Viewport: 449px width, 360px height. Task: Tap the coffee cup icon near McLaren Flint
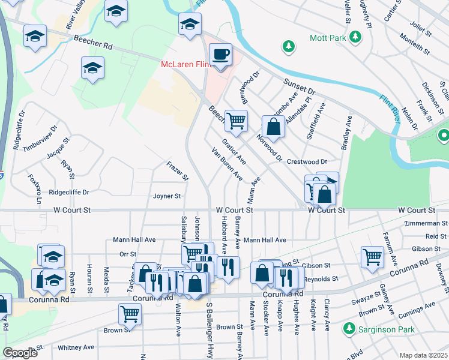[220, 55]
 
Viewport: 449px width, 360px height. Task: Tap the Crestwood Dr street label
[306, 162]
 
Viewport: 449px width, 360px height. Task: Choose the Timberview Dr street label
[40, 139]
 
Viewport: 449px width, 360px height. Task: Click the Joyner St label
[167, 196]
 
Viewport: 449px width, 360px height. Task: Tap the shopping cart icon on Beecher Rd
[236, 121]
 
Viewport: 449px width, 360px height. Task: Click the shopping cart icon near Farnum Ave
[373, 257]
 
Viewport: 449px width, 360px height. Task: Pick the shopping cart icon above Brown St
[130, 313]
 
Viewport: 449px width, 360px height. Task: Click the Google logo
[20, 353]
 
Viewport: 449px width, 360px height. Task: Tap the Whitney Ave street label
[76, 347]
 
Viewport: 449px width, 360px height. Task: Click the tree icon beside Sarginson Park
[348, 329]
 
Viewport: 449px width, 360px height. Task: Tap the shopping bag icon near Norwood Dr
[274, 127]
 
